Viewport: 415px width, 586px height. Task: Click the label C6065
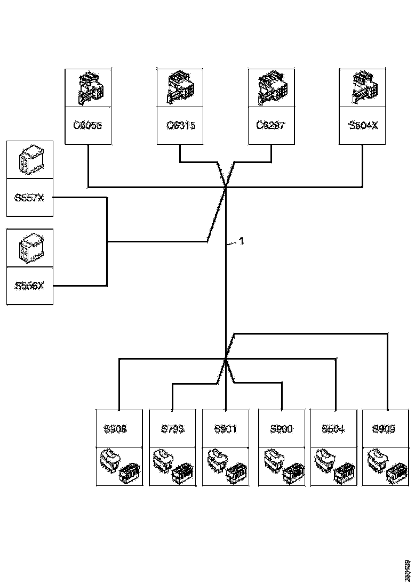point(87,126)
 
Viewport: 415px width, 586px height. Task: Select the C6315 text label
point(180,126)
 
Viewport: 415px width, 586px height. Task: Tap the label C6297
point(271,126)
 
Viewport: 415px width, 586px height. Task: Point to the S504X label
point(363,126)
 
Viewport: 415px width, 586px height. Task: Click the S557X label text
point(30,198)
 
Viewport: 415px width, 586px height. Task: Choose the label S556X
point(30,286)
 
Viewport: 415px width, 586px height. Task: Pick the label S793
point(172,429)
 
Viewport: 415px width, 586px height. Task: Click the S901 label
point(226,429)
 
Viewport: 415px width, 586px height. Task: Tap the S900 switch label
point(281,429)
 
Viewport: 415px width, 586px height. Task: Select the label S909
point(385,429)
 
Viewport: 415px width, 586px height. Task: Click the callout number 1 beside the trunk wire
point(242,241)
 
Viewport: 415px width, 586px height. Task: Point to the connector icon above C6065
point(87,88)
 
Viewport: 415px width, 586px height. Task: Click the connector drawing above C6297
point(271,88)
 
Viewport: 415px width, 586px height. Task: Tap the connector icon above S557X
point(30,160)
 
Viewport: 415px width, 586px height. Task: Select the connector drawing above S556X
point(30,248)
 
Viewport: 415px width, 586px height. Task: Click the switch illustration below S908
point(119,466)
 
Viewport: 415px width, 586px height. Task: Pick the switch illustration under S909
point(385,466)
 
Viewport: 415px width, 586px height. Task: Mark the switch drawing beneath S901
point(226,466)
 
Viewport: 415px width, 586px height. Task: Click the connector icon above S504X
point(363,88)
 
